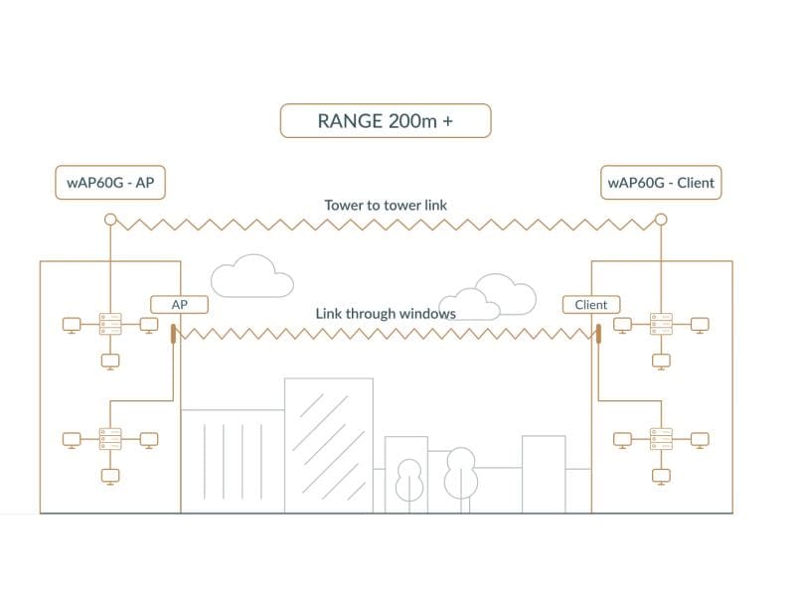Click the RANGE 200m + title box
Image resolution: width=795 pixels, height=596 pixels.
[x=386, y=120]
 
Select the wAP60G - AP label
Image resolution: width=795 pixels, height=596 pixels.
[x=110, y=183]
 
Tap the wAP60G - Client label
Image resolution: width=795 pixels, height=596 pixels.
[x=660, y=183]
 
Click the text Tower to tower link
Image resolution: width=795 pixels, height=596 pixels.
[x=386, y=205]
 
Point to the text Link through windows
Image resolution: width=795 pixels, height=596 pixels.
[x=386, y=313]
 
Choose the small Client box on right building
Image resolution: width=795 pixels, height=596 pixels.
[x=590, y=305]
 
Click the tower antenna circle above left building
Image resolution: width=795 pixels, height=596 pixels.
[x=110, y=220]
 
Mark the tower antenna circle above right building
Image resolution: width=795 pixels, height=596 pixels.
[x=660, y=220]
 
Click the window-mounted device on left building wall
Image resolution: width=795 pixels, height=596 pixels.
[x=174, y=333]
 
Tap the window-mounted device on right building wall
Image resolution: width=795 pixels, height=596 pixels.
[x=600, y=333]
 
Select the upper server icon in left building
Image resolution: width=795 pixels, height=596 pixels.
[x=109, y=324]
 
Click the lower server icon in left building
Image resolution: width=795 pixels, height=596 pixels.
[x=109, y=438]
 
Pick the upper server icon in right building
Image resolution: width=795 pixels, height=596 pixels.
[x=661, y=324]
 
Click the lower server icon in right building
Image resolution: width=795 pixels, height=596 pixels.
[x=661, y=438]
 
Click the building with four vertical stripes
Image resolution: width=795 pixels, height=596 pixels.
[x=231, y=462]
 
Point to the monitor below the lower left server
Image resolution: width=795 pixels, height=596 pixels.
[x=109, y=476]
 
